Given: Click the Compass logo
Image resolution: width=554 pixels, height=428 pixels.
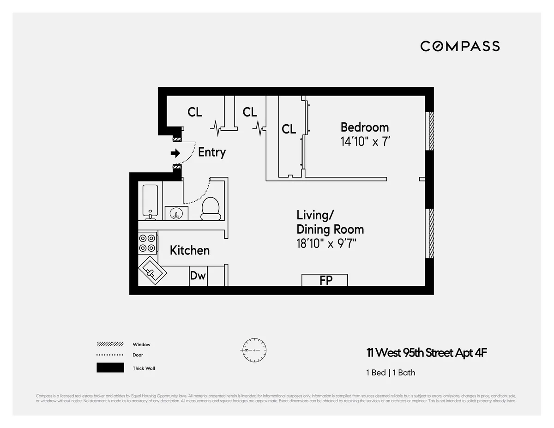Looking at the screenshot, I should [460, 46].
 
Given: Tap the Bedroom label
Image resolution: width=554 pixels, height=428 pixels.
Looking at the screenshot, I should [364, 127].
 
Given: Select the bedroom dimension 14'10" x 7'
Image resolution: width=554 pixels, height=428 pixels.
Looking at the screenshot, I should [366, 141].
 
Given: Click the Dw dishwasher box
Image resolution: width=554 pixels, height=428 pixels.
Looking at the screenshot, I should [198, 276].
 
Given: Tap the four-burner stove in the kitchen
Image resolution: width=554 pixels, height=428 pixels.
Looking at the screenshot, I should [147, 243].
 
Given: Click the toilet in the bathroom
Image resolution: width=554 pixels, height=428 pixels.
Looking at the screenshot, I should [211, 208].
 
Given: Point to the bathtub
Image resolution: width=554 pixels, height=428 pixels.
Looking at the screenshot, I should [150, 201].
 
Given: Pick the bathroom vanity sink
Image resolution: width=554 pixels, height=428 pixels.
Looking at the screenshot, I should [176, 213].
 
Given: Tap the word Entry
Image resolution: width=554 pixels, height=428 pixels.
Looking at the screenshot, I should [211, 152].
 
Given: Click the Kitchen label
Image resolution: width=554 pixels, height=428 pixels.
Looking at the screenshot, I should [189, 250].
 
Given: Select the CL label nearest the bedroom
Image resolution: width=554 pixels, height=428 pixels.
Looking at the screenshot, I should [289, 129].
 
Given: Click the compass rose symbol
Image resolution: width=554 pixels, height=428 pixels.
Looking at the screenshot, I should [253, 350].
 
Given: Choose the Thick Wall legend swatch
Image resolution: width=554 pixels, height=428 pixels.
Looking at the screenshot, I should [110, 368].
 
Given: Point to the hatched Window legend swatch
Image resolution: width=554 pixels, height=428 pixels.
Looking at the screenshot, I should [110, 344].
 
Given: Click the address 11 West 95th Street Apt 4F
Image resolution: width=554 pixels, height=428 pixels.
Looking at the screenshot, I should [427, 353].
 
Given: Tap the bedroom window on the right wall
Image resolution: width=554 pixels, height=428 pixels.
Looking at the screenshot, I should [429, 131].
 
